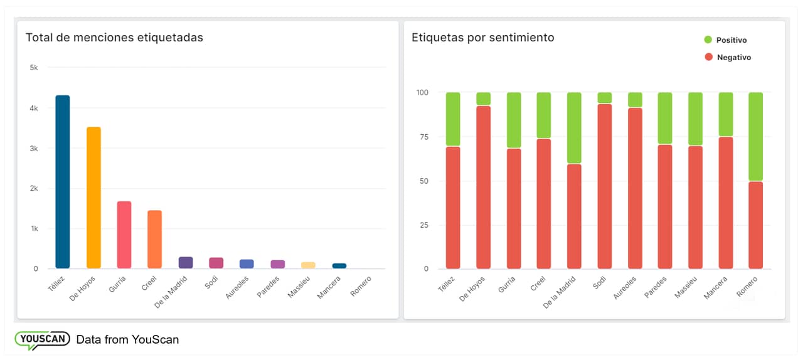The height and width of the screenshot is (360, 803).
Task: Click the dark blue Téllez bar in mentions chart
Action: click(x=63, y=182)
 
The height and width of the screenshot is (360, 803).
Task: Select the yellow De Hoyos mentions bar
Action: click(x=93, y=198)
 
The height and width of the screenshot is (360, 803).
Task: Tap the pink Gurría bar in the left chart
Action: click(x=124, y=235)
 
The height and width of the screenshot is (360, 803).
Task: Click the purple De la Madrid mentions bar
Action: click(x=186, y=263)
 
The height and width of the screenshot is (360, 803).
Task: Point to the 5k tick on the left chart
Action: click(x=34, y=67)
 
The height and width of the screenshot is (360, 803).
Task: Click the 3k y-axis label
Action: click(x=34, y=149)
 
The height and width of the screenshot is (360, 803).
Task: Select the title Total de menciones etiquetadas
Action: click(x=114, y=38)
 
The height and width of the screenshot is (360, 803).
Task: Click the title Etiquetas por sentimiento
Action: click(x=482, y=38)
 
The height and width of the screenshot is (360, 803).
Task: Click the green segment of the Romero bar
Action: click(x=755, y=137)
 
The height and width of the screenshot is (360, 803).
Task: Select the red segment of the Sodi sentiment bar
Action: click(x=605, y=186)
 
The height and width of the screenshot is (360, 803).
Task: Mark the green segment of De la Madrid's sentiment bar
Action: click(x=574, y=128)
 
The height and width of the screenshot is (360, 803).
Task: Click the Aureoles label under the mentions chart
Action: click(x=238, y=287)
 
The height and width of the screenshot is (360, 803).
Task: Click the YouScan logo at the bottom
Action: click(x=41, y=339)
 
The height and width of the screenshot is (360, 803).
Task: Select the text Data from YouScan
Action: click(x=127, y=340)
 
